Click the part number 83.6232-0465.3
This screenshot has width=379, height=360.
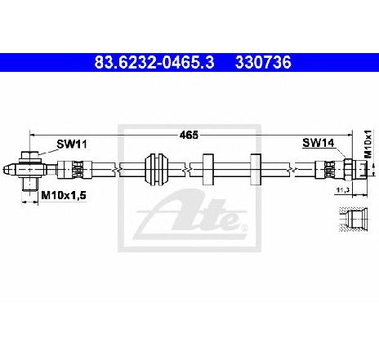tap(154, 62)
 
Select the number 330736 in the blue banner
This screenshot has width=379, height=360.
tap(263, 62)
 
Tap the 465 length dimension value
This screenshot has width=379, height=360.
tap(189, 135)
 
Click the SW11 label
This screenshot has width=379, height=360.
tap(72, 144)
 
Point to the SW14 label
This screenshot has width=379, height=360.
tap(319, 143)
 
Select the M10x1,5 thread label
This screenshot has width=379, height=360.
tap(64, 195)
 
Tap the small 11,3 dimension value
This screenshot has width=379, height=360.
tap(343, 190)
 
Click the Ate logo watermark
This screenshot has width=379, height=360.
tap(189, 214)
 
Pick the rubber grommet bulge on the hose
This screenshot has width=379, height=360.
tap(156, 170)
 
